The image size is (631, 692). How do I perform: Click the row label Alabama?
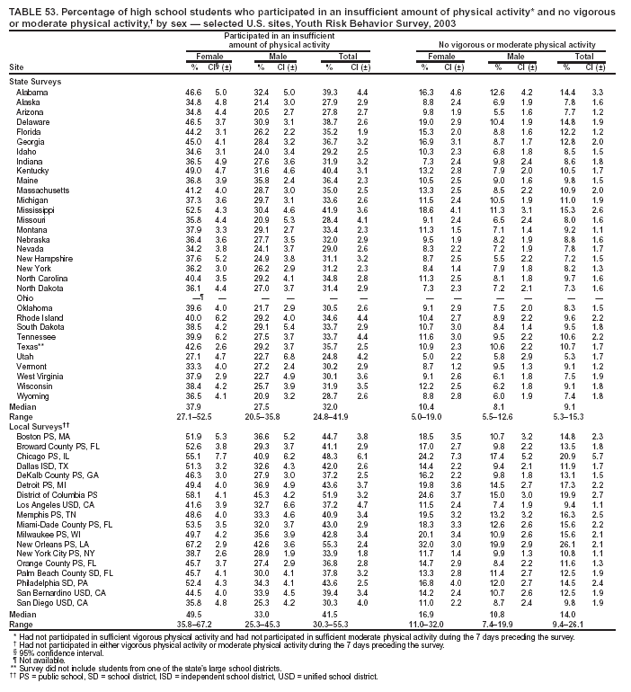(31, 93)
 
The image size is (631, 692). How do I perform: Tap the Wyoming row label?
(32, 421)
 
